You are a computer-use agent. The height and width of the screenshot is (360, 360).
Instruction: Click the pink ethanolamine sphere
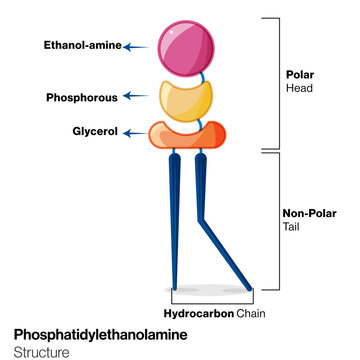[x=186, y=44]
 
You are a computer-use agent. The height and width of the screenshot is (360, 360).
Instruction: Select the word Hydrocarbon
[x=199, y=311]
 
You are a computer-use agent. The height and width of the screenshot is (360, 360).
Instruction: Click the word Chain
[x=251, y=311]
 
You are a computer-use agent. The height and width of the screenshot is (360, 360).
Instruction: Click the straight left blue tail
[x=175, y=220]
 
